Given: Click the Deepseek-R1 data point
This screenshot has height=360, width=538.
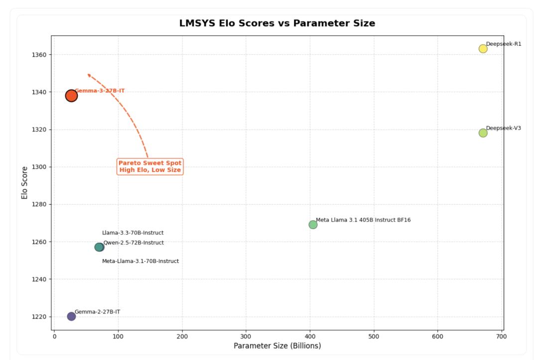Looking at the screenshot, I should tap(483, 49).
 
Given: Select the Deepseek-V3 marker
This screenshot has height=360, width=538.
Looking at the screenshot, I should tap(483, 133).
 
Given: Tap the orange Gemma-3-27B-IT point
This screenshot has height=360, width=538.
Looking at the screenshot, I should tap(71, 96).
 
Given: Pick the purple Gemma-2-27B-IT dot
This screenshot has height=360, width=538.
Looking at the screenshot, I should tap(71, 316).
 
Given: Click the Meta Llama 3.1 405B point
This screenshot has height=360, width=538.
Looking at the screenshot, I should tap(313, 225).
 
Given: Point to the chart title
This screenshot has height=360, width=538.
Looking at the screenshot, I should tap(277, 23).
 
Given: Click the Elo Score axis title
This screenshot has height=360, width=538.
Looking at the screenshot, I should tap(24, 183).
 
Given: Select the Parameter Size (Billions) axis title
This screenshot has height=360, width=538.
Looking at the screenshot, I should tap(277, 346).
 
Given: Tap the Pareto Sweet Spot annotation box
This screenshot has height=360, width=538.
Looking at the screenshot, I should tap(150, 167).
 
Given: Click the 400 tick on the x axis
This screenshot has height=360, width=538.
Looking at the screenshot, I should tap(310, 337).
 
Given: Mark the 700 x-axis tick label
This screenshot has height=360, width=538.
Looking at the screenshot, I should tap(502, 337).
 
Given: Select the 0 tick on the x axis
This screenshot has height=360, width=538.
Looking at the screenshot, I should tap(54, 337).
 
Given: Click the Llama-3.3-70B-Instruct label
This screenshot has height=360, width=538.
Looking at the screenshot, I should tap(133, 233).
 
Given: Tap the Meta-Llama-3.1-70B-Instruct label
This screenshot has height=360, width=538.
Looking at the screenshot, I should tap(140, 261).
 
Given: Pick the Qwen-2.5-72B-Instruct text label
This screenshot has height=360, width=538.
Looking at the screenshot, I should tap(134, 243).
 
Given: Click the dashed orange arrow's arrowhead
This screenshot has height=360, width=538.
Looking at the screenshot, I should tap(89, 75).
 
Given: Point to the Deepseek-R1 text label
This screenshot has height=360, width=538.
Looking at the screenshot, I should tap(504, 44).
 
